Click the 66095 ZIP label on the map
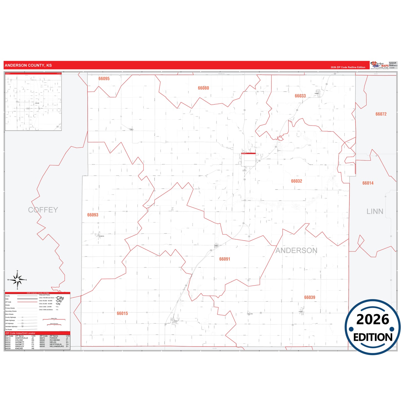[x=104, y=79]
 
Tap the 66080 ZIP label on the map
[x=203, y=88]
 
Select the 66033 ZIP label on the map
[x=300, y=96]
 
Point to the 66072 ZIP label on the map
[x=381, y=114]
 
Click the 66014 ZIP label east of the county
[x=368, y=183]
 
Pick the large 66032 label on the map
[x=297, y=181]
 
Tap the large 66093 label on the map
[x=93, y=215]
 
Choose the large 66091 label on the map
[x=225, y=259]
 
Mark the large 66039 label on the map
[x=310, y=297]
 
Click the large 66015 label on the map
[x=122, y=313]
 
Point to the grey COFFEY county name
[x=43, y=210]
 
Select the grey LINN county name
[x=375, y=211]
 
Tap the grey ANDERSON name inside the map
[x=296, y=250]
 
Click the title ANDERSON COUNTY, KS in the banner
[x=28, y=65]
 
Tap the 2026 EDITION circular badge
[x=373, y=327]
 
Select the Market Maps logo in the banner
[x=380, y=65]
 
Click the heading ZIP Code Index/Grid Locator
[x=20, y=333]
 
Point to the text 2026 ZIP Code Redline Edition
[x=348, y=67]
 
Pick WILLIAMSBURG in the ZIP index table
[x=57, y=346]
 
